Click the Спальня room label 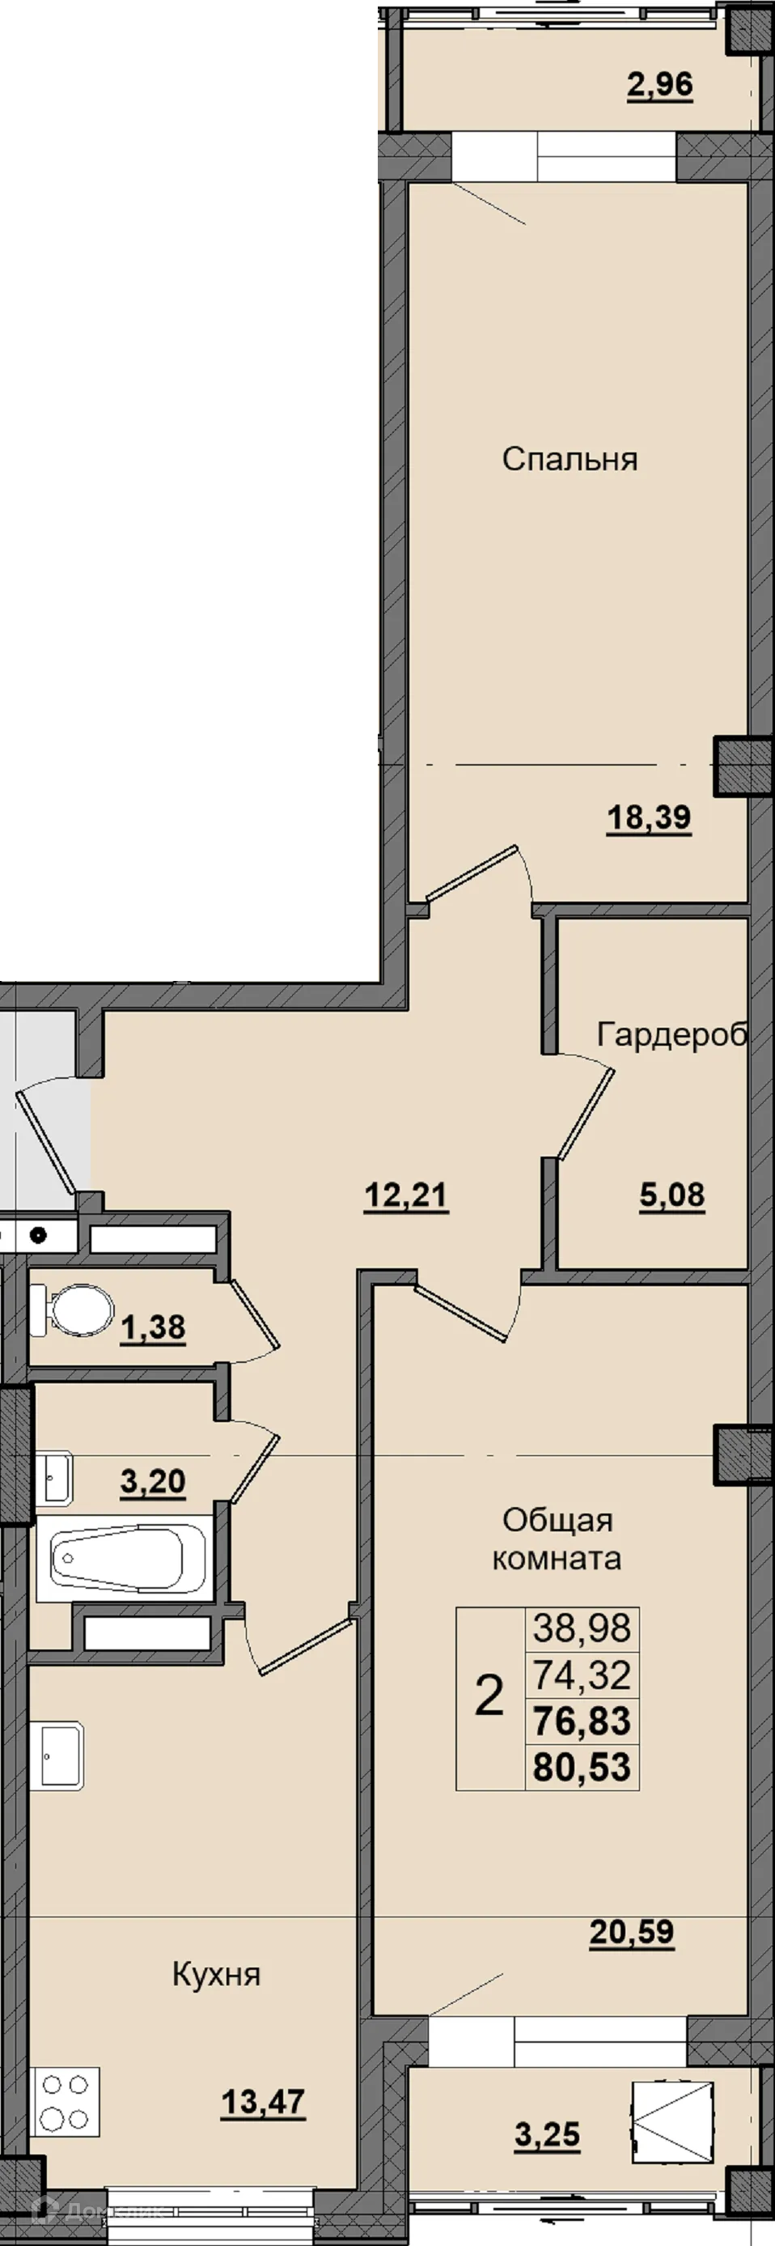coord(570,459)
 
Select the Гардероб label coord(672,1035)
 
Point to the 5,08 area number coord(672,1195)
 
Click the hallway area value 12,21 coord(406,1195)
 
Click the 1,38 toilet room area coord(154,1328)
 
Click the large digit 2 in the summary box coord(489,1696)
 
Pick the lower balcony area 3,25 coord(548,2135)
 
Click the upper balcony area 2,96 coord(660,84)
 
